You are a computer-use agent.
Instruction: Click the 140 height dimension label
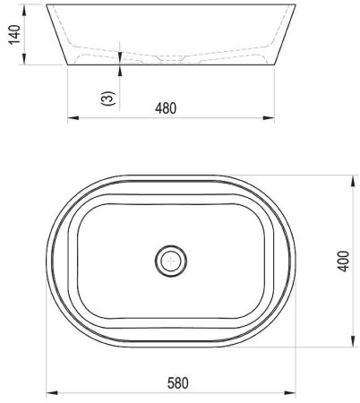[14, 35]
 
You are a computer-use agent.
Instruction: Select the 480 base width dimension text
[166, 108]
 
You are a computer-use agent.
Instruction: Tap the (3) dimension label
[108, 99]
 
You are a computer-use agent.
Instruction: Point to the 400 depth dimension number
[343, 262]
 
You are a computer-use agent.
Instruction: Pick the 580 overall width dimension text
[178, 383]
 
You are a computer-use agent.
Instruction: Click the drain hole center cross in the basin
[171, 262]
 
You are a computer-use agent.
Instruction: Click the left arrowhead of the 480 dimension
[73, 118]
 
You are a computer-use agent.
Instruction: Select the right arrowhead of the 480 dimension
[269, 118]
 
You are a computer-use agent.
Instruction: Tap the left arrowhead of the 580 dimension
[52, 392]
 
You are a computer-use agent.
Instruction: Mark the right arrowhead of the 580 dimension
[290, 392]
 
